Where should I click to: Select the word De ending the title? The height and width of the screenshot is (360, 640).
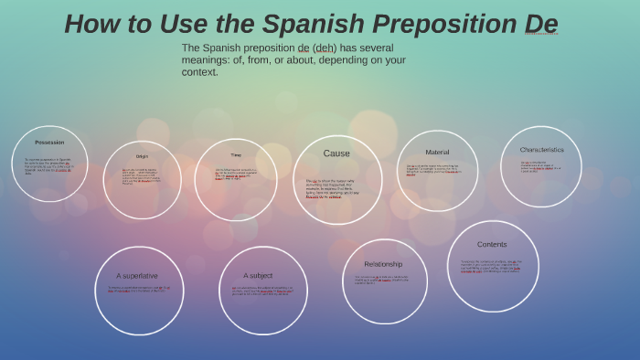point(540,25)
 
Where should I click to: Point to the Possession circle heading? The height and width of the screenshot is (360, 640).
point(49,143)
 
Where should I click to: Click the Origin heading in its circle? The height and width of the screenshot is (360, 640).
point(142,156)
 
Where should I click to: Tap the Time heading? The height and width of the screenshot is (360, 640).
point(236,155)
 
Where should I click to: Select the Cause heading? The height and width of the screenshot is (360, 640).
point(336,154)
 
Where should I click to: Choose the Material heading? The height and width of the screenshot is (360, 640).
point(437,152)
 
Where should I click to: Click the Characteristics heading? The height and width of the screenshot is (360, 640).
point(541,150)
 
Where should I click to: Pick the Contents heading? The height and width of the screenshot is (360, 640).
point(492,244)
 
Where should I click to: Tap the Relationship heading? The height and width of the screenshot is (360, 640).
point(383,264)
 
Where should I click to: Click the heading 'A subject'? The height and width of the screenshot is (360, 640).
point(258,275)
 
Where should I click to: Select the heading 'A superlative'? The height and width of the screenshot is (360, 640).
point(137,275)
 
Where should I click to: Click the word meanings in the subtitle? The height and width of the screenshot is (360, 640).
point(207,59)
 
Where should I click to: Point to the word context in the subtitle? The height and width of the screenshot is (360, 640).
point(200,72)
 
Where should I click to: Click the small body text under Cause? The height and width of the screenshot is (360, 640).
point(333,187)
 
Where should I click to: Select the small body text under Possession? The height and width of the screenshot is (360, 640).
point(48,166)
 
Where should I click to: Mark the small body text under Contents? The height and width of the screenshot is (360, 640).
point(491,266)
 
